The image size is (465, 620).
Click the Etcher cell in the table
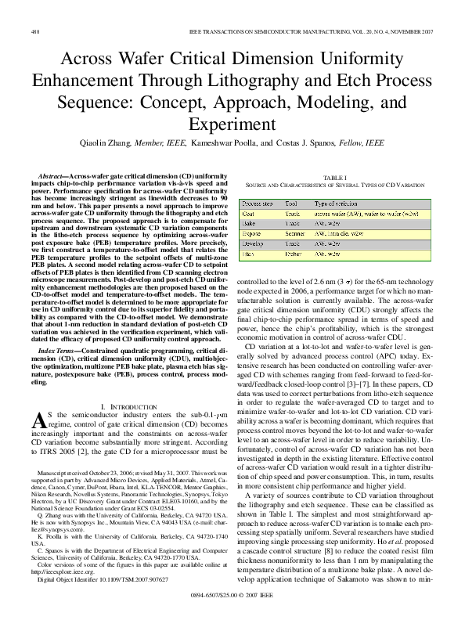(294, 254)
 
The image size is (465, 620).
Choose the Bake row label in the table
(251, 223)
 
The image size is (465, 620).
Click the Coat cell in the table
(250, 213)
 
